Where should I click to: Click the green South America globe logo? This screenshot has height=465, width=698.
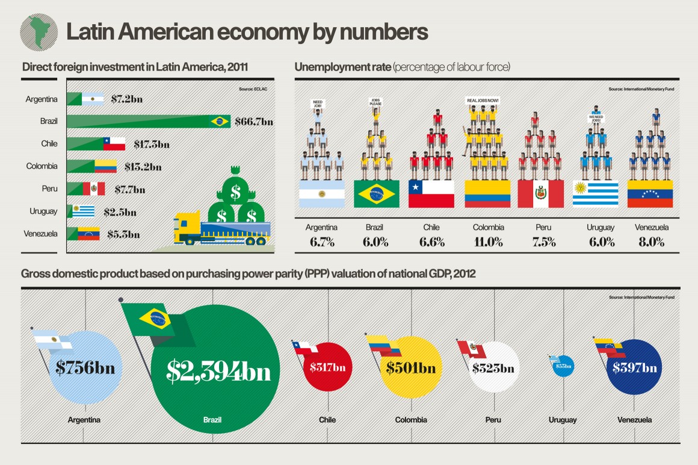click(x=39, y=32)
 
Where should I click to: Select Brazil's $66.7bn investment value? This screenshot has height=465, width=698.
click(x=253, y=122)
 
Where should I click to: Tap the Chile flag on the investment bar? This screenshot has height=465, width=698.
click(x=114, y=143)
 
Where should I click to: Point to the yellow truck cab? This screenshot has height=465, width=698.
click(x=185, y=228)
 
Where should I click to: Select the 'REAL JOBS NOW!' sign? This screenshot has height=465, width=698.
click(x=483, y=100)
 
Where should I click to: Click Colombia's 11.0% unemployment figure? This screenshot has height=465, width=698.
click(x=488, y=243)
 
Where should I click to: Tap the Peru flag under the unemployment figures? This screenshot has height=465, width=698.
click(x=540, y=193)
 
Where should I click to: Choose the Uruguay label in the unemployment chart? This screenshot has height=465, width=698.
click(x=601, y=228)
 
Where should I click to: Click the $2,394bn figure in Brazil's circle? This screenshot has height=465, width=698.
click(x=218, y=372)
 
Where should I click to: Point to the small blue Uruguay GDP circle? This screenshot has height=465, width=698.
click(x=564, y=366)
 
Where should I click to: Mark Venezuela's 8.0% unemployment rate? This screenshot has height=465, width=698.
click(x=651, y=243)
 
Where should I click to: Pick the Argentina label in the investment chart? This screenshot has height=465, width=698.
click(x=42, y=99)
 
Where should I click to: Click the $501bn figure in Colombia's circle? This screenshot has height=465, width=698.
click(x=411, y=367)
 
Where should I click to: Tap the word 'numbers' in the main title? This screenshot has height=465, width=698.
click(x=388, y=32)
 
